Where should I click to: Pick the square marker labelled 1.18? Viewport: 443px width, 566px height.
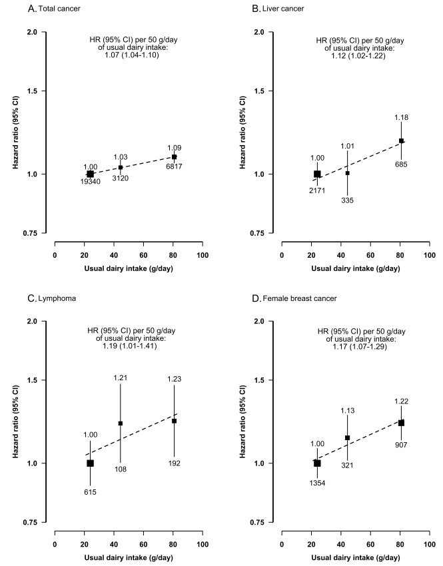[401, 141]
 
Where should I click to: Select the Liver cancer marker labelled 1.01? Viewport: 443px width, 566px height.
[348, 173]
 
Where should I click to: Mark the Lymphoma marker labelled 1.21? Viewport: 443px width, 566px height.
[121, 423]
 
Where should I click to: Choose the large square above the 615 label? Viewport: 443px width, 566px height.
[90, 463]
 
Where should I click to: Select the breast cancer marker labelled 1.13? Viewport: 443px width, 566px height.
[348, 437]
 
